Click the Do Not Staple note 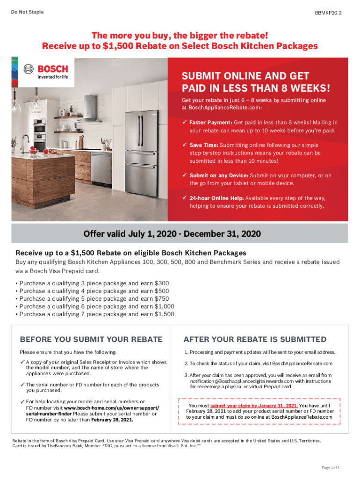pyautogui.click(x=28, y=12)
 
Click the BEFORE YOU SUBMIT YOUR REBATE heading pyautogui.click(x=91, y=339)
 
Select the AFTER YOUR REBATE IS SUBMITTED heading pyautogui.click(x=255, y=339)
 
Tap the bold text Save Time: pyautogui.click(x=204, y=145)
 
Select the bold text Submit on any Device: pyautogui.click(x=219, y=175)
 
